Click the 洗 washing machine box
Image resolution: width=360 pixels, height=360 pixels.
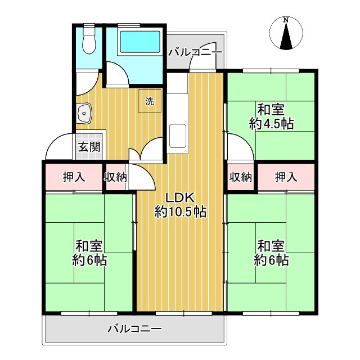click(x=150, y=102)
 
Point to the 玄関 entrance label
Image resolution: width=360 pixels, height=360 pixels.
click(x=89, y=148)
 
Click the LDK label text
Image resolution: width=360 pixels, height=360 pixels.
click(x=179, y=197)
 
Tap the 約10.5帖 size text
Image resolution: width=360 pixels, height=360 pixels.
click(x=179, y=212)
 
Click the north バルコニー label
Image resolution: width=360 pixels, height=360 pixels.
click(x=195, y=52)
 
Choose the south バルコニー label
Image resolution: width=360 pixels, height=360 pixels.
click(x=134, y=328)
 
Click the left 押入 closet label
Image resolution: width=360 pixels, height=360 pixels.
click(x=74, y=177)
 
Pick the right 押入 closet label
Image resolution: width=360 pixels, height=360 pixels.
click(x=286, y=177)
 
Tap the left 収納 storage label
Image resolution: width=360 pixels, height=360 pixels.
click(x=115, y=177)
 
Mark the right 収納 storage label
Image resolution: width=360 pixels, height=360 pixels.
click(x=240, y=177)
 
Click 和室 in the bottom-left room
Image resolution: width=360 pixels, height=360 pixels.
click(x=89, y=246)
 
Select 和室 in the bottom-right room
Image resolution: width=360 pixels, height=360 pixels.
click(x=271, y=246)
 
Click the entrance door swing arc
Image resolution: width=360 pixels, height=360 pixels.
click(x=58, y=147)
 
